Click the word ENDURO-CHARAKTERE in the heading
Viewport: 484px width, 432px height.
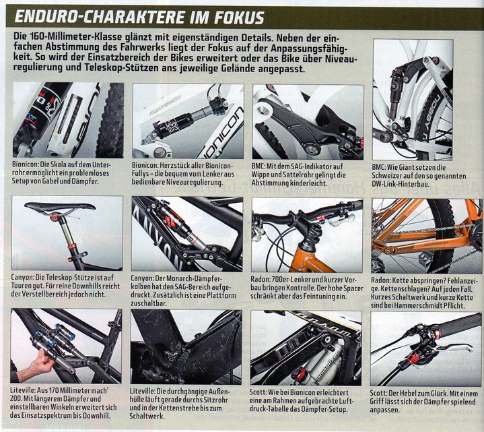(x=99, y=17)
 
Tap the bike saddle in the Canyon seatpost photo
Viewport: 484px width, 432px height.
(x=59, y=207)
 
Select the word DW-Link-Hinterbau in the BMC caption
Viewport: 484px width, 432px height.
(x=401, y=184)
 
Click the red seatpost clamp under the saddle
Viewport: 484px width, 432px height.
(x=55, y=217)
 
